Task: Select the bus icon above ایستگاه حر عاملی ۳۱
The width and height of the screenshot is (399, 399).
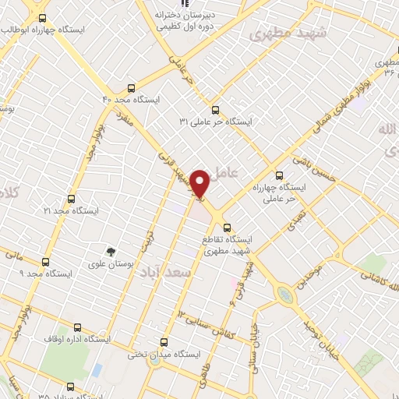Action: pos(216,110)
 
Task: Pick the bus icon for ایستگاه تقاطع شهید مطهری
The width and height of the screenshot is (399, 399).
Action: pos(227,228)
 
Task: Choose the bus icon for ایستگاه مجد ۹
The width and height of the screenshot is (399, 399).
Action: pos(45,262)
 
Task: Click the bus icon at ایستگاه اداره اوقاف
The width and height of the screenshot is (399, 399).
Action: pos(76,328)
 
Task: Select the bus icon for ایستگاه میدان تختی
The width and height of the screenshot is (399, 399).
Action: pos(164,341)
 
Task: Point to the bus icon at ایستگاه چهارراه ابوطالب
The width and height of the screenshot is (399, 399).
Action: pos(41,18)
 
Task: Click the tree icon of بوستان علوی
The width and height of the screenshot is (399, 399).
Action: pos(111,251)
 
